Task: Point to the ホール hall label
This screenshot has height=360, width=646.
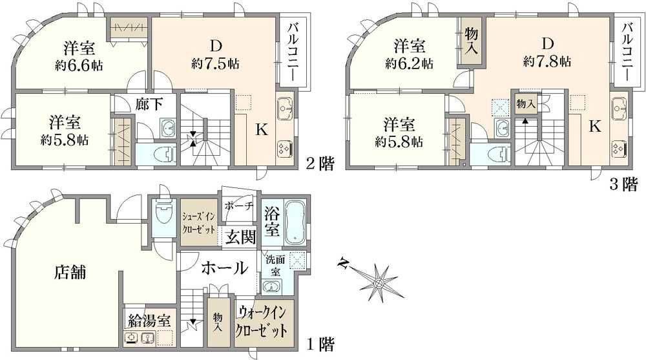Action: [x=224, y=267]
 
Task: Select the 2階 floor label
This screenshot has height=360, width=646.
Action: [x=320, y=164]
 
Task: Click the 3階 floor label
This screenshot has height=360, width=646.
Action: [x=625, y=185]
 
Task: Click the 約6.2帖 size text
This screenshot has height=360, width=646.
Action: [x=410, y=63]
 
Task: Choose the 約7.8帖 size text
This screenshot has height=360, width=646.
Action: [x=547, y=61]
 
